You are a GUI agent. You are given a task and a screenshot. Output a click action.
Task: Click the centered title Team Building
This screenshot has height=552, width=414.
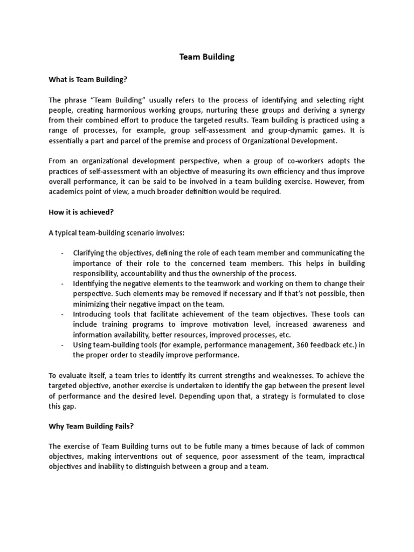click(207, 57)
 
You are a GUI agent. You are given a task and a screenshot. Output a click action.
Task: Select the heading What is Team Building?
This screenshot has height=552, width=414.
click(88, 79)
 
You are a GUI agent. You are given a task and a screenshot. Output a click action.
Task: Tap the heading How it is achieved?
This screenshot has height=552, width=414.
click(81, 212)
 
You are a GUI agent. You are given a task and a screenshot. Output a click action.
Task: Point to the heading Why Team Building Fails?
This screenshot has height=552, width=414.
click(91, 426)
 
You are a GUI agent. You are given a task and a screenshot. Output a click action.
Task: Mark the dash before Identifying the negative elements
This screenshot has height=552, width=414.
click(63, 284)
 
